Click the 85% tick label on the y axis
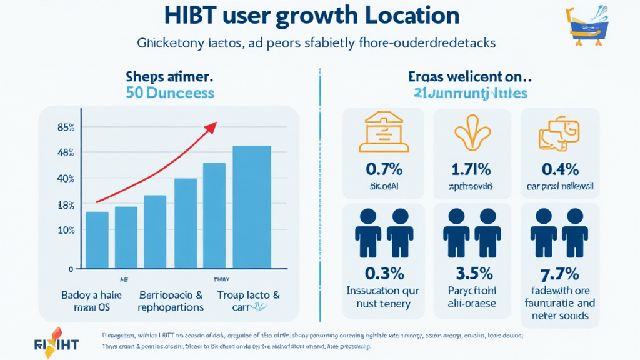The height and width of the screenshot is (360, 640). (66, 128)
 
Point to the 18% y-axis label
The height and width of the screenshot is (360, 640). (66, 205)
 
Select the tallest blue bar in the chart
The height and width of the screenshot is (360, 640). (252, 207)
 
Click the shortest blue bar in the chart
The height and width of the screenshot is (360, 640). (97, 241)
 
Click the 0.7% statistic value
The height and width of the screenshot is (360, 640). (384, 169)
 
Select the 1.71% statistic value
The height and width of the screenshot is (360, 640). (471, 169)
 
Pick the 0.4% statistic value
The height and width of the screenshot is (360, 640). (560, 169)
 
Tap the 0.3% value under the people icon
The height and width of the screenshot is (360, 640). (384, 273)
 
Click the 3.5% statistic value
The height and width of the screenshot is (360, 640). (471, 273)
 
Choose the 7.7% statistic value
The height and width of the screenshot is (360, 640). (560, 273)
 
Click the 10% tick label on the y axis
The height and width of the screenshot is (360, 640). (66, 230)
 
